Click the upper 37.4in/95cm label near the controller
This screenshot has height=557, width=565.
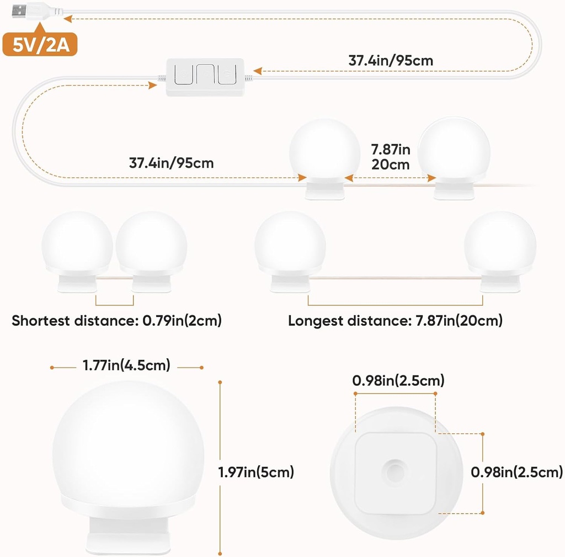pos(391,61)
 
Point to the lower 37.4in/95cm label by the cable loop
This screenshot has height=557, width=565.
pos(172,163)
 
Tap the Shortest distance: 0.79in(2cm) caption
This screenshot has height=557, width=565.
pos(116,321)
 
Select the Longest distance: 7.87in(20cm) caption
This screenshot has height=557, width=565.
pos(395,321)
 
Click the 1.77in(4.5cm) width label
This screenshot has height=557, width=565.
pos(126,365)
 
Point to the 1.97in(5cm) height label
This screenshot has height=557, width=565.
pos(256,472)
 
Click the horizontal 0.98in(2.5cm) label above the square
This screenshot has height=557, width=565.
pos(398,381)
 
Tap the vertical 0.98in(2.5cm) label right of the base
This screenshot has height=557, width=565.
pos(516,472)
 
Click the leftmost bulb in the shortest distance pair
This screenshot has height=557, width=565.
pos(77,245)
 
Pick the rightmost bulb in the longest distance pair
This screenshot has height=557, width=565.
pos(500,245)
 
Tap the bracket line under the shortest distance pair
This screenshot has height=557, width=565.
pos(115,304)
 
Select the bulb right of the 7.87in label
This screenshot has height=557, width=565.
pos(454,150)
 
